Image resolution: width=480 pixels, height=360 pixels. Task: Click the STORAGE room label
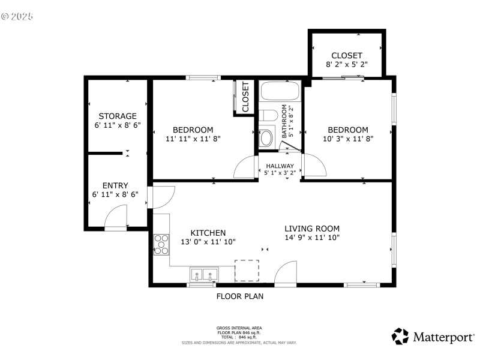(x=118, y=116)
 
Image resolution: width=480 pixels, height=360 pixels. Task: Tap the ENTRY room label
(x=115, y=186)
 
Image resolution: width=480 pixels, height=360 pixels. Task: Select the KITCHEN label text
(x=208, y=233)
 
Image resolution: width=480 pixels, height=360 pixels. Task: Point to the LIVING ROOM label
(x=312, y=228)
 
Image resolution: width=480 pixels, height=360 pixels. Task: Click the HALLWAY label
(x=280, y=166)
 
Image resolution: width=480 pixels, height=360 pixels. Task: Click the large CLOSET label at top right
(x=347, y=55)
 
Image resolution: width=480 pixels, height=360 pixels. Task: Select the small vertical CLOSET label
(x=245, y=97)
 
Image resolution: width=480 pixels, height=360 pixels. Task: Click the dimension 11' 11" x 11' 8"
(x=193, y=139)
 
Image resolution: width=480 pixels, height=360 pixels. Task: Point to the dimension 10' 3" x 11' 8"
(x=347, y=139)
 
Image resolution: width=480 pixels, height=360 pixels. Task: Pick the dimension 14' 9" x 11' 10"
(x=312, y=237)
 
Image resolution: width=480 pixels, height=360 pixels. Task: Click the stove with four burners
(x=161, y=244)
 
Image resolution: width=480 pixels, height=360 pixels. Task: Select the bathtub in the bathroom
(x=280, y=92)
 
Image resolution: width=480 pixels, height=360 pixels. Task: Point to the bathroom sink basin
(x=266, y=137)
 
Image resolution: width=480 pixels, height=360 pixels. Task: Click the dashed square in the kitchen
(x=247, y=270)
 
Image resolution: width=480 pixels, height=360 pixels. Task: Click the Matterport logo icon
(x=400, y=336)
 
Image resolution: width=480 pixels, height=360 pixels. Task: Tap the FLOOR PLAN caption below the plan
(x=239, y=296)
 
